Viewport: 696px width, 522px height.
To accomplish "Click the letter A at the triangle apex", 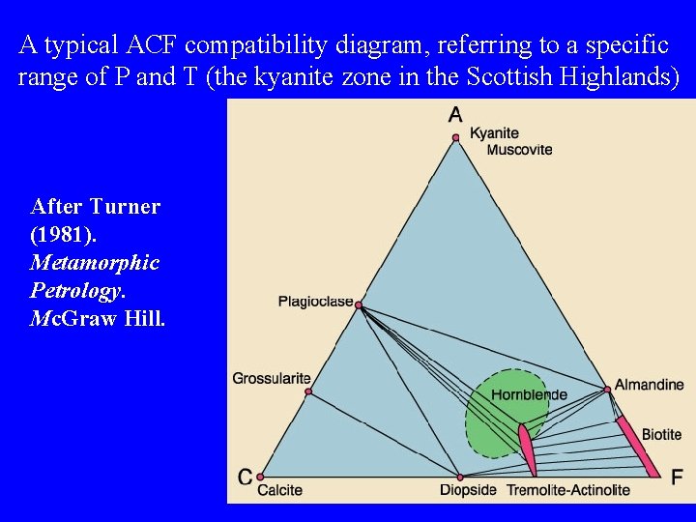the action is coord(455,115).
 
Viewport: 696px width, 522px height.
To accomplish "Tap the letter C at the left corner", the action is coord(246,477).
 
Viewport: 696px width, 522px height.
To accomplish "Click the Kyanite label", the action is coord(494,133).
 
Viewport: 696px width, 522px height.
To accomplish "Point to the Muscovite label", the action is coord(519,150).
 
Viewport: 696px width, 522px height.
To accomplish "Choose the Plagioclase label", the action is coord(315,302).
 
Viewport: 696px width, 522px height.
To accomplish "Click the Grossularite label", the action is coord(272,378).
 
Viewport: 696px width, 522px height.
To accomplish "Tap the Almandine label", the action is coord(650,385).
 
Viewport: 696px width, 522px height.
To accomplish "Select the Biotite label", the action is coord(662,435).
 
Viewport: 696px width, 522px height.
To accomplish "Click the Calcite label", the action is coord(279,490).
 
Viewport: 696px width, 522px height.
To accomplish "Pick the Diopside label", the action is coord(468,490).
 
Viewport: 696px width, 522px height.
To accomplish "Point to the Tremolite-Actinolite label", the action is coord(568,490).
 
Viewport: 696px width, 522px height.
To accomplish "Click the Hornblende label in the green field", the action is coord(529,394).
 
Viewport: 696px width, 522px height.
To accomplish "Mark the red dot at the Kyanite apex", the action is coord(455,138).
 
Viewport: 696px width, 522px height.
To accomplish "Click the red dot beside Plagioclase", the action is coord(359,305).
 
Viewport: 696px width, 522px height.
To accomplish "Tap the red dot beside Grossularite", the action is coord(308,391).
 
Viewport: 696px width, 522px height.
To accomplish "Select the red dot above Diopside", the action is coord(460,477).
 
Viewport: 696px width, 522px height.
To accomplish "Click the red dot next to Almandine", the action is coord(607,390).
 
